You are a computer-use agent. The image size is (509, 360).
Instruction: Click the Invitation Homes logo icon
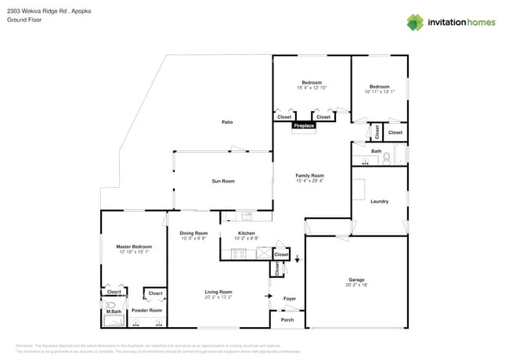[x=415, y=22]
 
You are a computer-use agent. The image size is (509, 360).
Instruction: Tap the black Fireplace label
[x=304, y=125]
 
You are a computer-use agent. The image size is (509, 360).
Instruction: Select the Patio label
[x=227, y=122]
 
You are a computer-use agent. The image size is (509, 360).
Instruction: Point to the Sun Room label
[x=223, y=181]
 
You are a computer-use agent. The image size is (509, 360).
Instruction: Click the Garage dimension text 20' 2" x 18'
[x=356, y=286]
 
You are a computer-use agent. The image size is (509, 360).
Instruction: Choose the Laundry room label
[x=380, y=201]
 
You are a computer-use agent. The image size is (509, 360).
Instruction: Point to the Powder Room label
[x=146, y=311]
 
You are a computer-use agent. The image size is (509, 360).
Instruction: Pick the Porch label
[x=287, y=319]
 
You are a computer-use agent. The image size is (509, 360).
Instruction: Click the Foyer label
[x=290, y=297]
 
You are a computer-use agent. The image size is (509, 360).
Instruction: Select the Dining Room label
[x=193, y=232]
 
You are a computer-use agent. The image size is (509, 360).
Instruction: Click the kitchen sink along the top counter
[x=247, y=215]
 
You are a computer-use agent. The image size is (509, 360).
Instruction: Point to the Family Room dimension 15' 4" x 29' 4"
[x=309, y=181]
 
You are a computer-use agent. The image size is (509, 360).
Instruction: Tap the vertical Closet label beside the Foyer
[x=277, y=268]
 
